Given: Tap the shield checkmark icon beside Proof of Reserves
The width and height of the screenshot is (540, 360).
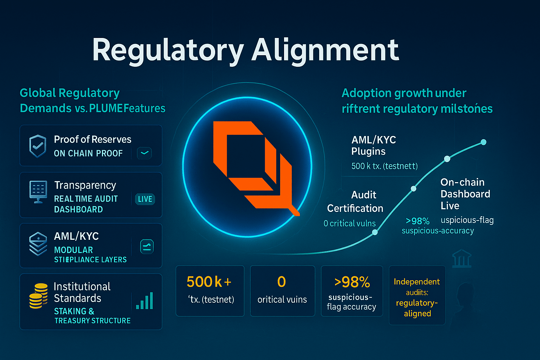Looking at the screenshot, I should click(x=38, y=146).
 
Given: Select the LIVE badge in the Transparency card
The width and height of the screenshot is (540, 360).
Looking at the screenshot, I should click(x=145, y=199).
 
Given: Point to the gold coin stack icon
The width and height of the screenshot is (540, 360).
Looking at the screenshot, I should click(x=38, y=296).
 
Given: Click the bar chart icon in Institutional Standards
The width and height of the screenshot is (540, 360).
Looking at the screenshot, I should click(x=144, y=301).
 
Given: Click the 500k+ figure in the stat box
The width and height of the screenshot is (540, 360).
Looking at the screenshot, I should click(x=209, y=282).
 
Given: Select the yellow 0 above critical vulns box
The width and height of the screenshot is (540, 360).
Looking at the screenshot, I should click(x=281, y=282).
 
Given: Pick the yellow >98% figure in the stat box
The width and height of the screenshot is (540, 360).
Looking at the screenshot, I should click(x=352, y=282).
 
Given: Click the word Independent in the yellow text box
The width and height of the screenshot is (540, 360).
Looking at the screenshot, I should click(x=417, y=282).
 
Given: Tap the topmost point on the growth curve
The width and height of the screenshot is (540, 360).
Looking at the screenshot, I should click(x=483, y=142).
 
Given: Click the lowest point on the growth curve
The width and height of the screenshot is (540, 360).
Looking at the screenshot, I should click(x=375, y=232).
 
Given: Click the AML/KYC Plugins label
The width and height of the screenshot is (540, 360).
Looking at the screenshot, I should click(x=373, y=146).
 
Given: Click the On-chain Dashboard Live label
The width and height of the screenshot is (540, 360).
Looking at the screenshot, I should click(x=465, y=194).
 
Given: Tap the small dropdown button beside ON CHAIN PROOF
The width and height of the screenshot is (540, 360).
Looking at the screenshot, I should click(x=144, y=153).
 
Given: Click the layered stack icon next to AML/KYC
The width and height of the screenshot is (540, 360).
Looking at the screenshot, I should click(x=38, y=243).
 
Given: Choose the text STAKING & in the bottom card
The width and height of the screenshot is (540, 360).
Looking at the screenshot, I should click(x=74, y=311).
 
